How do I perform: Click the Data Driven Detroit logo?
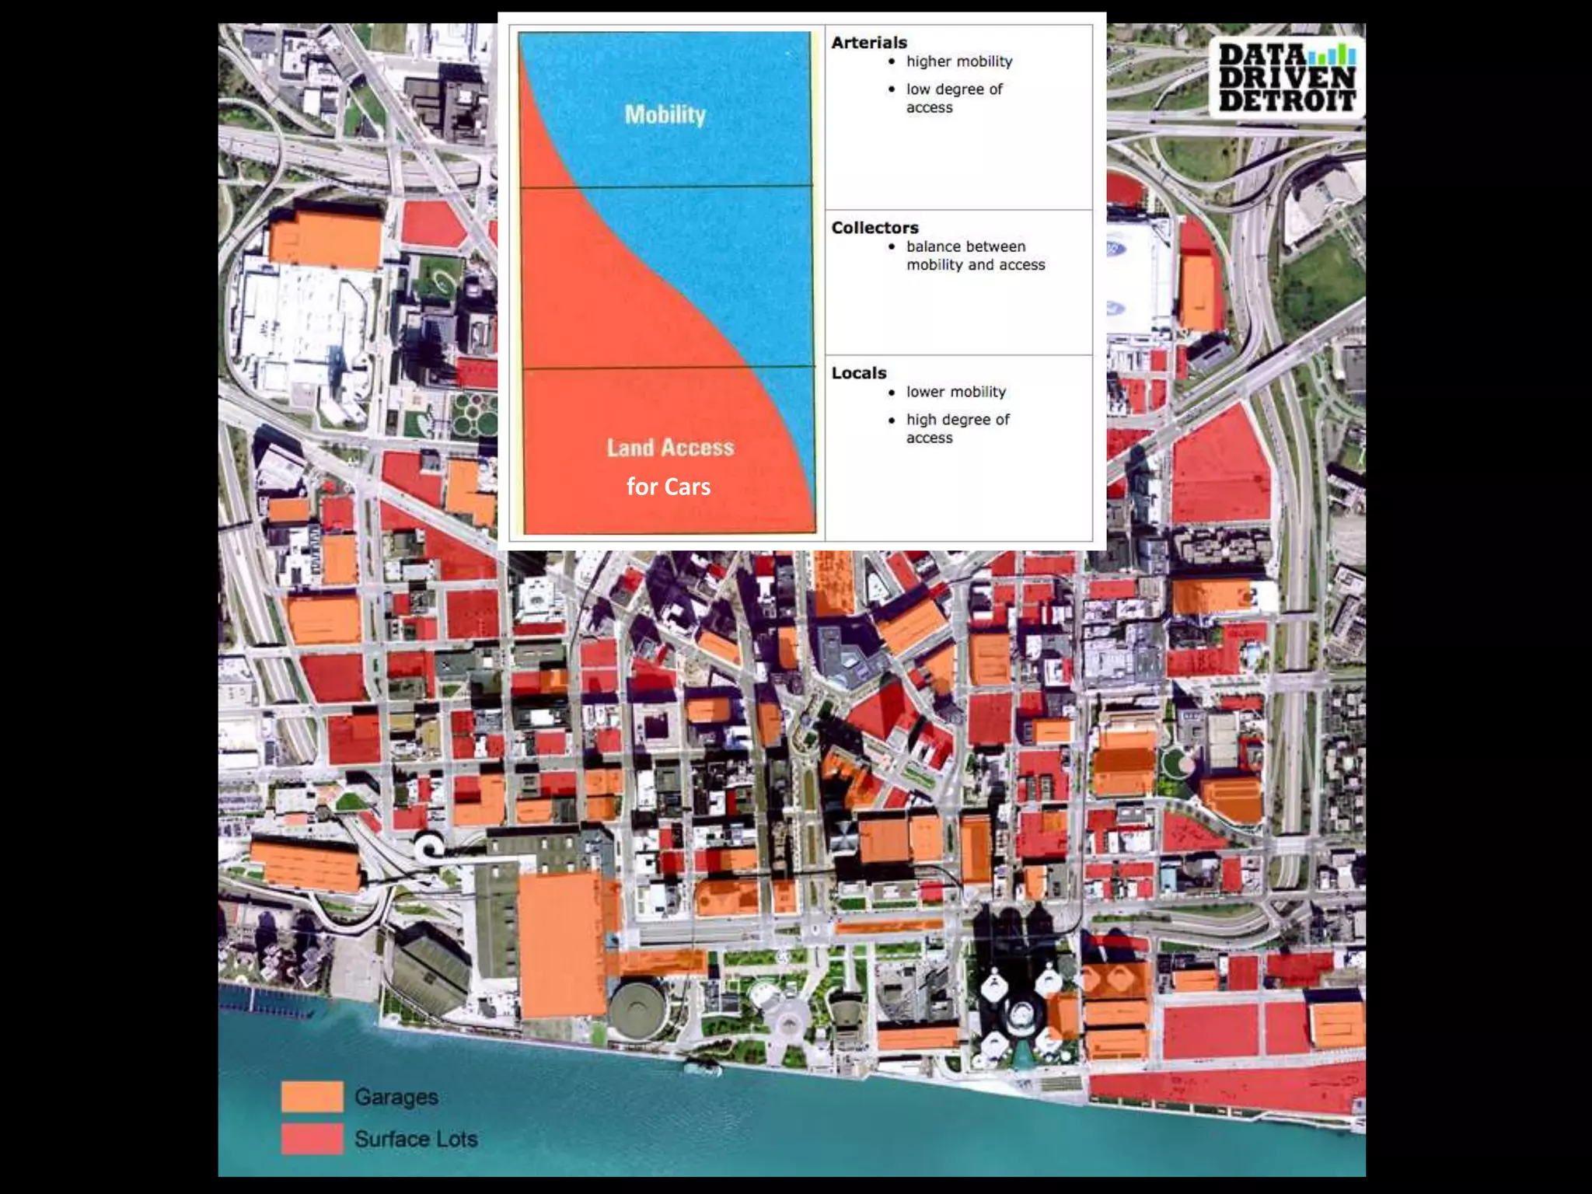tap(1287, 78)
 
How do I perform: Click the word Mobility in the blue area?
tap(665, 115)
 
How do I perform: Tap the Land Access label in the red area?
tap(670, 447)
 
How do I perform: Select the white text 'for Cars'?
tap(669, 487)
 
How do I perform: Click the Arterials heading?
tap(869, 43)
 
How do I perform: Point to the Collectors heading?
tap(875, 228)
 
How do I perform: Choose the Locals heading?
tap(859, 373)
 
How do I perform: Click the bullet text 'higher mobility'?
tap(959, 61)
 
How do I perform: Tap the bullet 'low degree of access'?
tap(954, 98)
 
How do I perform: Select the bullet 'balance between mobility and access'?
tap(975, 256)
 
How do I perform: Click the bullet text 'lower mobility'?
tap(955, 392)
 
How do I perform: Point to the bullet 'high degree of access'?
tap(957, 428)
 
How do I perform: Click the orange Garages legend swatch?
tap(312, 1096)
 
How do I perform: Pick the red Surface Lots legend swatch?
tap(312, 1139)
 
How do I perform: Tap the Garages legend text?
tap(396, 1097)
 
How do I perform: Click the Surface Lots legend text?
tap(416, 1139)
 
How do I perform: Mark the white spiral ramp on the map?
tap(428, 845)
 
